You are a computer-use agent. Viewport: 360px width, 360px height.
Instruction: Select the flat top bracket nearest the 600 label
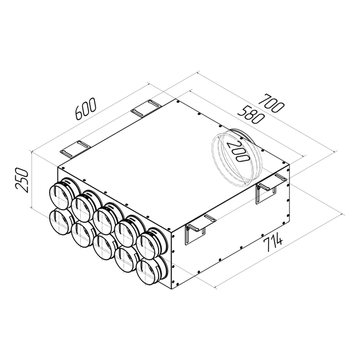pyautogui.click(x=147, y=109)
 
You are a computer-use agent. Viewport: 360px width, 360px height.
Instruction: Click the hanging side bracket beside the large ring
pyautogui.click(x=269, y=187)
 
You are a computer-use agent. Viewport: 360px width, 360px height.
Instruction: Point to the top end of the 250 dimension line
pyautogui.click(x=31, y=152)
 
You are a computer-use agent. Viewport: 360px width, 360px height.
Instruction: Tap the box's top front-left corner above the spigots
pyautogui.click(x=58, y=167)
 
